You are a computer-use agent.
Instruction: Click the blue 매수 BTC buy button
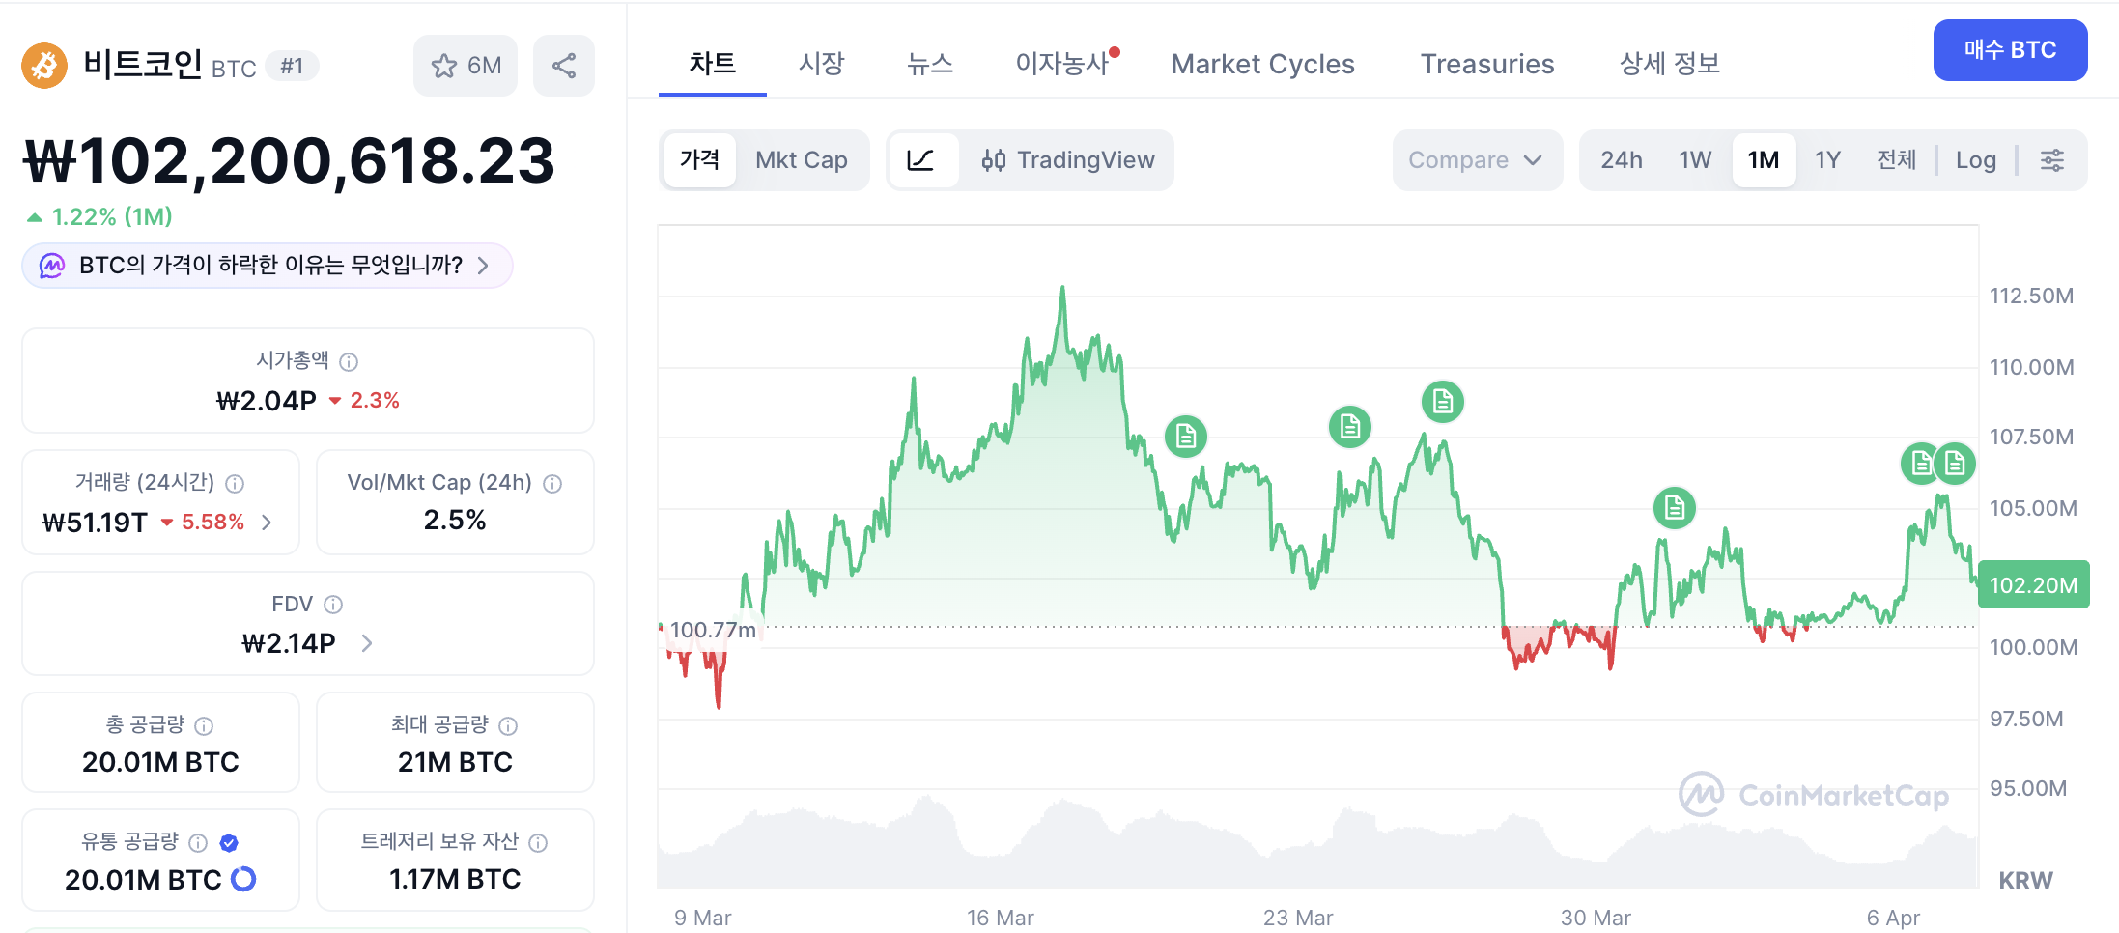click(x=2010, y=50)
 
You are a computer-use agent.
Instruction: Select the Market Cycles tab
click(x=1262, y=64)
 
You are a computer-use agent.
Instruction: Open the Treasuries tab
click(x=1487, y=64)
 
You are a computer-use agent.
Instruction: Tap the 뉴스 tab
click(x=929, y=64)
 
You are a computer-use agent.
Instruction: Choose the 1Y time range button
click(x=1827, y=159)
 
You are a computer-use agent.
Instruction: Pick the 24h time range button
click(x=1621, y=159)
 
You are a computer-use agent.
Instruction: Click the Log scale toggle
click(x=1975, y=160)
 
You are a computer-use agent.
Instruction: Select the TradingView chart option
click(x=1067, y=159)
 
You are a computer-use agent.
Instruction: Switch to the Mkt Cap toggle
click(x=802, y=159)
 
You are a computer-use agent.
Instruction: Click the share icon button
click(x=564, y=66)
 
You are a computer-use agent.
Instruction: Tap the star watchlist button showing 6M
click(x=466, y=66)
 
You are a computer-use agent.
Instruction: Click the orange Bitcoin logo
click(x=44, y=66)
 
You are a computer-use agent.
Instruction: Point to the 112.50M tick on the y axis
click(x=2031, y=296)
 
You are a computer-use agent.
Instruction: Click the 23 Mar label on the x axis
click(x=1298, y=918)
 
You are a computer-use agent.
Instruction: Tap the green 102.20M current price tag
click(x=2033, y=584)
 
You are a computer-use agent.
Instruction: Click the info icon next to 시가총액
click(x=349, y=361)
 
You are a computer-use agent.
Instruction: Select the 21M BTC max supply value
click(x=455, y=762)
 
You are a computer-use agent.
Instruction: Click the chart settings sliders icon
click(x=2052, y=160)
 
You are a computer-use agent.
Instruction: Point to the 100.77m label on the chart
click(x=713, y=630)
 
